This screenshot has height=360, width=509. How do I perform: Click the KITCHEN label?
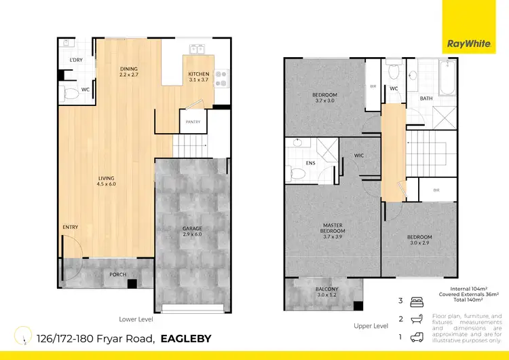coord(198,77)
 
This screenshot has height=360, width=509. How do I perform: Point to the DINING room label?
coord(129,71)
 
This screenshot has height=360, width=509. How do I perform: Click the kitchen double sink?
coord(197,49)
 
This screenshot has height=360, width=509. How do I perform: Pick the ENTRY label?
coord(70,227)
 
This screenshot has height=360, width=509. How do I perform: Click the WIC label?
coord(360,155)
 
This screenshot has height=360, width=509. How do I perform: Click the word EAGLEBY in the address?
coord(186,338)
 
